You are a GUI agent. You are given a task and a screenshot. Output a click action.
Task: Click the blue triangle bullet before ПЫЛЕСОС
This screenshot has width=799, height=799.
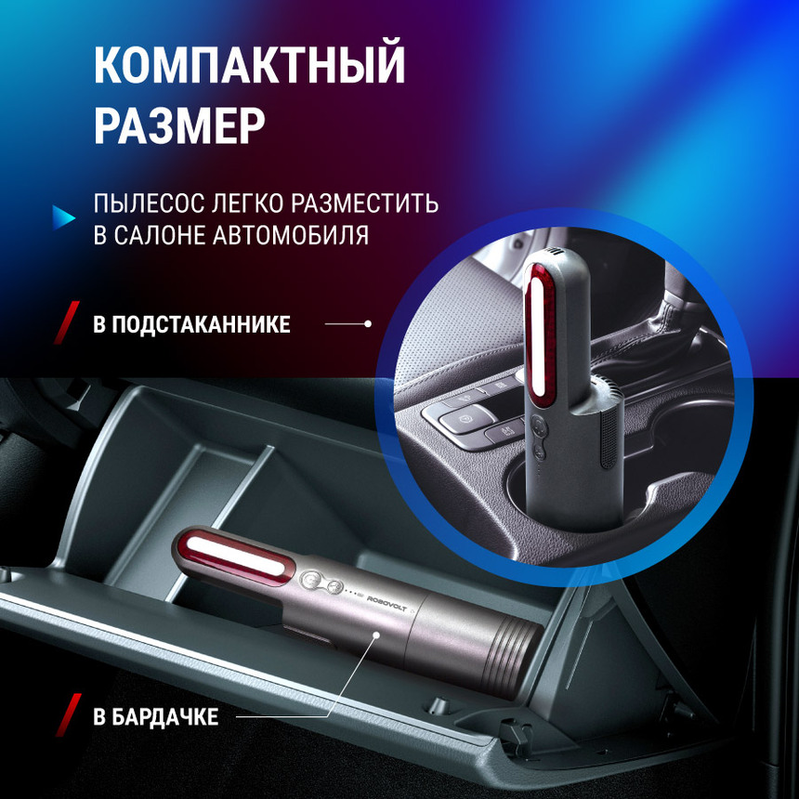[x=63, y=216]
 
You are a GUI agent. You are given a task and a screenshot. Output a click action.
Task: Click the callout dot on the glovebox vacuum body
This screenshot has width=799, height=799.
[x=376, y=635]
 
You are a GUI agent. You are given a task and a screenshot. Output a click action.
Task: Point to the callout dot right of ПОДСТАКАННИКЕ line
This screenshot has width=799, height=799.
[x=368, y=324]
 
